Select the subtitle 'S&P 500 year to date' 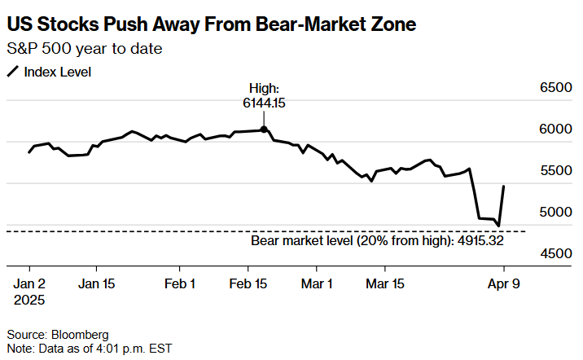[85, 49]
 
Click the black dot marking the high [264, 129]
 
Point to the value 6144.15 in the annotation [264, 103]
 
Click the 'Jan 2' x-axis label [30, 284]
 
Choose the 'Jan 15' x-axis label [96, 284]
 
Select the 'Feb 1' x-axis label [180, 284]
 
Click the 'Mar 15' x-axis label [386, 284]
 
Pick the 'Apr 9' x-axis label [504, 284]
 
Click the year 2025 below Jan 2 [30, 300]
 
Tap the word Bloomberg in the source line [77, 334]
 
